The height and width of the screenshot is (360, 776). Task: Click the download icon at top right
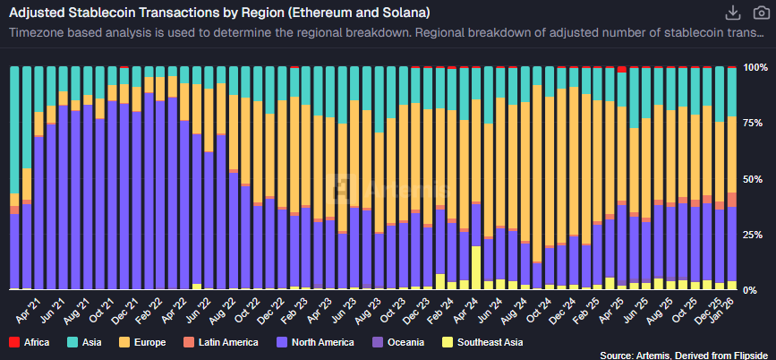[x=732, y=13]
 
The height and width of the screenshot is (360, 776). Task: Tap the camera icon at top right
[x=761, y=13]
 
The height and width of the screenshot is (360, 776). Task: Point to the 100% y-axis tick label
[x=756, y=67]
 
